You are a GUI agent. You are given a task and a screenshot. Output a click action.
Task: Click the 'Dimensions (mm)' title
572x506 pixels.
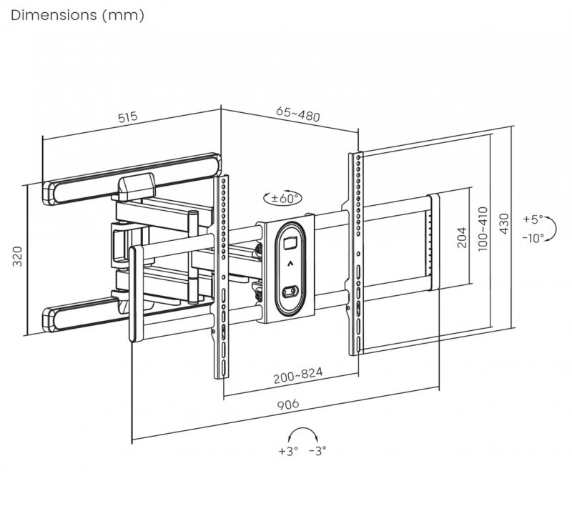click(x=78, y=15)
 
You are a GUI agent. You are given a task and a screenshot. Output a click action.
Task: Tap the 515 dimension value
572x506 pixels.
click(x=127, y=116)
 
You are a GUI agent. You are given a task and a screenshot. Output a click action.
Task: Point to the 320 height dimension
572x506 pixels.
click(x=19, y=257)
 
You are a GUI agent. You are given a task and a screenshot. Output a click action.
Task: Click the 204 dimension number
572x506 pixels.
click(x=461, y=237)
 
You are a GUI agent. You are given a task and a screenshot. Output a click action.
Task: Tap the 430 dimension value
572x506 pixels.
click(x=504, y=224)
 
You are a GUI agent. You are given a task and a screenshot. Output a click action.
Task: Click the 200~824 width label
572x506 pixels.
click(x=297, y=373)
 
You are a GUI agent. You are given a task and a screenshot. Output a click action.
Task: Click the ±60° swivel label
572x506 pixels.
click(x=282, y=198)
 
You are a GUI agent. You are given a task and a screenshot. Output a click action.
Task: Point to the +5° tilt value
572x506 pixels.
click(x=533, y=219)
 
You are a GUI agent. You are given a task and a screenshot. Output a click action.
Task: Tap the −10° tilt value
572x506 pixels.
click(x=533, y=237)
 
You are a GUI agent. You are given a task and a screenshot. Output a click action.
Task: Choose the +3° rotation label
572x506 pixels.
click(x=287, y=451)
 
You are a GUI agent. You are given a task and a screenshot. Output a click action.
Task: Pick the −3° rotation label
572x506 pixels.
click(x=317, y=451)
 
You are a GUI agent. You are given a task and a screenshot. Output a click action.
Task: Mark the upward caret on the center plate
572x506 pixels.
click(x=289, y=264)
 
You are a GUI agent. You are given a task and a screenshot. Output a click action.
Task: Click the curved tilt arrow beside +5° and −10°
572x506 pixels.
click(x=556, y=229)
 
